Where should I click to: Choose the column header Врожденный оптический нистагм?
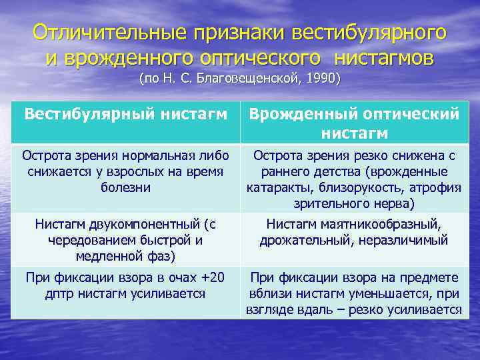point(354,123)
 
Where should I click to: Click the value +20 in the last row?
point(212,277)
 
